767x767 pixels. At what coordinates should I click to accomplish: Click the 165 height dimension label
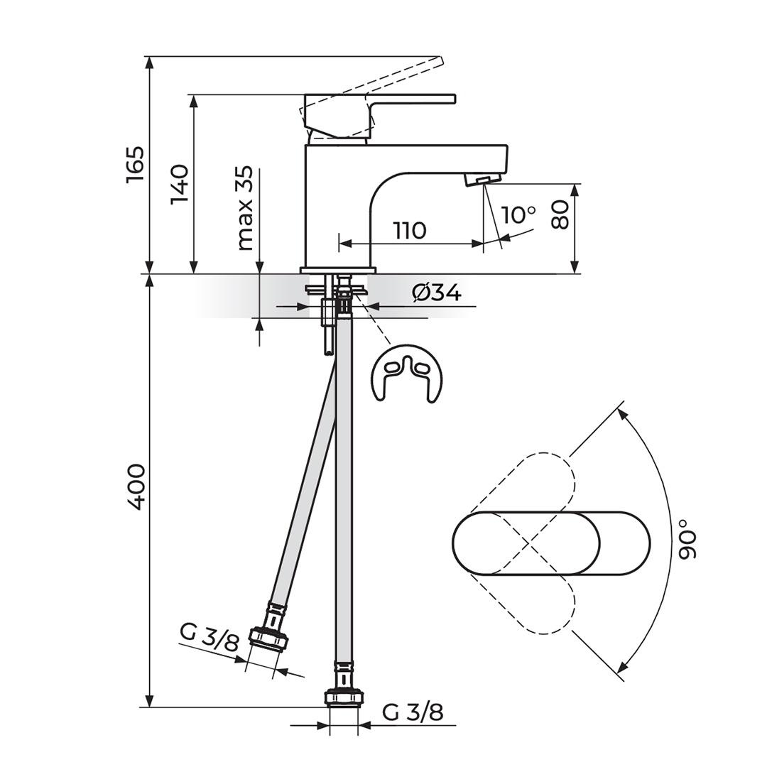(136, 164)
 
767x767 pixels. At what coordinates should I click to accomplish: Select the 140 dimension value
(179, 185)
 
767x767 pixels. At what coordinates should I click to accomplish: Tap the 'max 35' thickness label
(245, 208)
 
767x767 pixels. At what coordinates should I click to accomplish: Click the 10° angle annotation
(518, 214)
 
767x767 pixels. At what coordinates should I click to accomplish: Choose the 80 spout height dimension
(560, 214)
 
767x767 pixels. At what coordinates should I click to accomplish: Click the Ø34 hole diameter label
(437, 293)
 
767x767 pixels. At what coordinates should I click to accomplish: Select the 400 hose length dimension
(136, 487)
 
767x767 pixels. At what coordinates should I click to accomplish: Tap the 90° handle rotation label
(687, 544)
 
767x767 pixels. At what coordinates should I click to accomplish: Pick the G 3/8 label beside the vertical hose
(413, 713)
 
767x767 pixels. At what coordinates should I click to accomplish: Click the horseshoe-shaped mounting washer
(407, 374)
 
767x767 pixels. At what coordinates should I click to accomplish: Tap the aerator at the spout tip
(482, 180)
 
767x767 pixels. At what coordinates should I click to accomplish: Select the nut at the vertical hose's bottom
(344, 697)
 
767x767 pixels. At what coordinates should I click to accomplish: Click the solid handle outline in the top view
(551, 543)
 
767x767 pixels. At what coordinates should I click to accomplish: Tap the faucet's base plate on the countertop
(338, 270)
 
